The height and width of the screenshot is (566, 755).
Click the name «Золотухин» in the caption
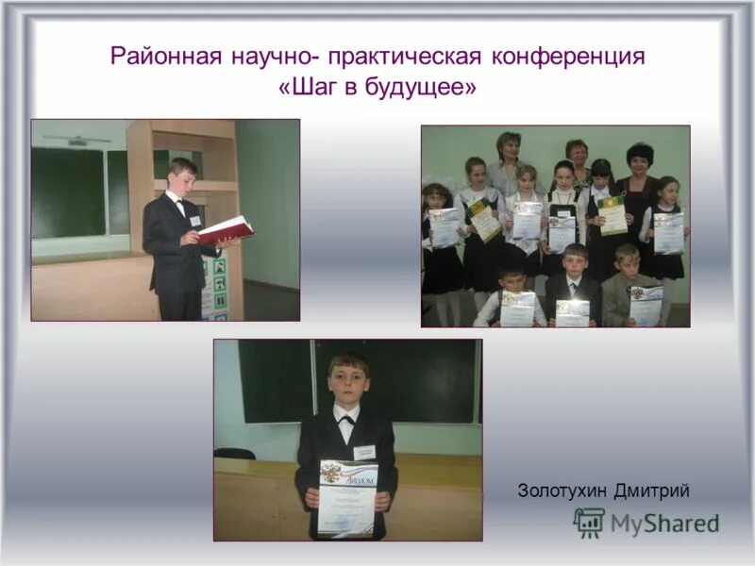[563, 491]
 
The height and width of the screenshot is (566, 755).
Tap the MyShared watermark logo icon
[589, 522]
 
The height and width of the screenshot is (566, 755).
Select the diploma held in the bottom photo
[346, 497]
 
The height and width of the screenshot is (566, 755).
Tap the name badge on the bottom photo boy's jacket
[364, 453]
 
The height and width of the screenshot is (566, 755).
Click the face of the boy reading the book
[182, 177]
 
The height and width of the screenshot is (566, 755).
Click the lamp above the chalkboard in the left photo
[76, 140]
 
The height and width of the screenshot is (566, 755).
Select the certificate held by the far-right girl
[668, 232]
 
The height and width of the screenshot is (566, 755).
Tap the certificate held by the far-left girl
[444, 227]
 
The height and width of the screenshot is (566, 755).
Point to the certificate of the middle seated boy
[572, 312]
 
